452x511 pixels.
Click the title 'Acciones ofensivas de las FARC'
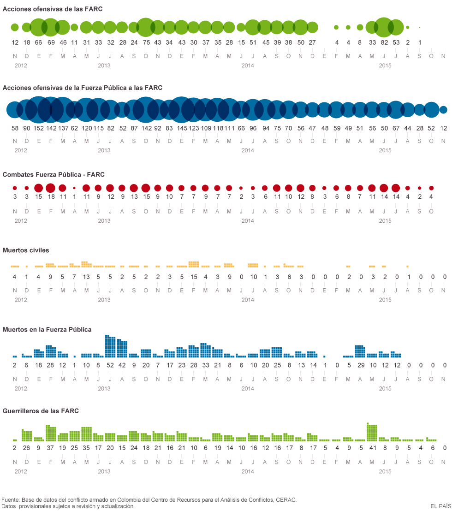click(53, 9)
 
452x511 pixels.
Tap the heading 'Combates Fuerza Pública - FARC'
click(54, 175)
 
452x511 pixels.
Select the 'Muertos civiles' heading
click(26, 250)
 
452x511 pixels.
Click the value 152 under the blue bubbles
click(39, 128)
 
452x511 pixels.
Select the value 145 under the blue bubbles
click(182, 128)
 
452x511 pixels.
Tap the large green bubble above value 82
click(384, 27)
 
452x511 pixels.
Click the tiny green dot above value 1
click(419, 28)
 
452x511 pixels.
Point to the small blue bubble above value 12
click(443, 110)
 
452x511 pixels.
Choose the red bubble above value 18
click(51, 188)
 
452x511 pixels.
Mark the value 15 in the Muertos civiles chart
click(194, 277)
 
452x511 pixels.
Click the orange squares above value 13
click(86, 264)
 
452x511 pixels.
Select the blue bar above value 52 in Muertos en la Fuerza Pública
click(110, 346)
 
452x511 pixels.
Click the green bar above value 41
click(372, 432)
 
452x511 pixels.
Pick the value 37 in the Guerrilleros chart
click(51, 448)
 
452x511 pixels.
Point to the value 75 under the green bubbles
click(146, 42)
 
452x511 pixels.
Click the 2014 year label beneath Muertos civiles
click(248, 300)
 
